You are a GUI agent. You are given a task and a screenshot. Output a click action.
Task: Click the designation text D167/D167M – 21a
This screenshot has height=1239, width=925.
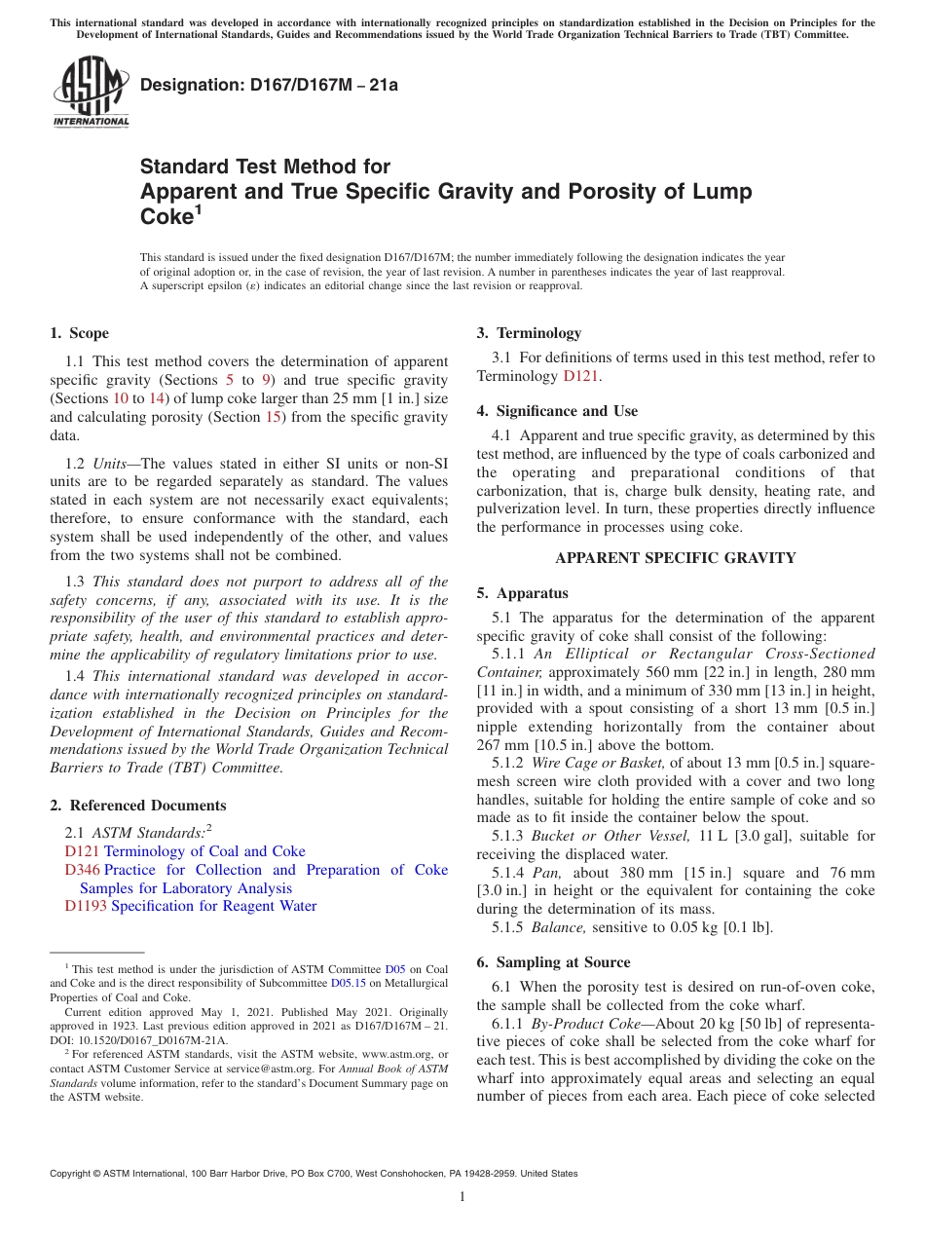269,85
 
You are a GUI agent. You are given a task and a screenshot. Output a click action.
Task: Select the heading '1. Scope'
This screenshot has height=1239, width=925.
80,333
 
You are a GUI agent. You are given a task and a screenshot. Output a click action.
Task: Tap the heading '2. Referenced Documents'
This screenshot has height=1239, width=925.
138,806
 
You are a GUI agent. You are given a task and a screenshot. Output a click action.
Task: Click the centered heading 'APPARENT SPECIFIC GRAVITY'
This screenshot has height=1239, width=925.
675,558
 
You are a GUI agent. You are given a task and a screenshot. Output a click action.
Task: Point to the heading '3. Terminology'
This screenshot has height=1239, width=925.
529,333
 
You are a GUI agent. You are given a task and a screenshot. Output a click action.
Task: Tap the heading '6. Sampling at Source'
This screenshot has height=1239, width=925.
553,962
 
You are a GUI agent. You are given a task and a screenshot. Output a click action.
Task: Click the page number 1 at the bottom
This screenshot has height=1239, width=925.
462,1197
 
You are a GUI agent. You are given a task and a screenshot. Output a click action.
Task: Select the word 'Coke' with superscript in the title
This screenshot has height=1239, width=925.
168,217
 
